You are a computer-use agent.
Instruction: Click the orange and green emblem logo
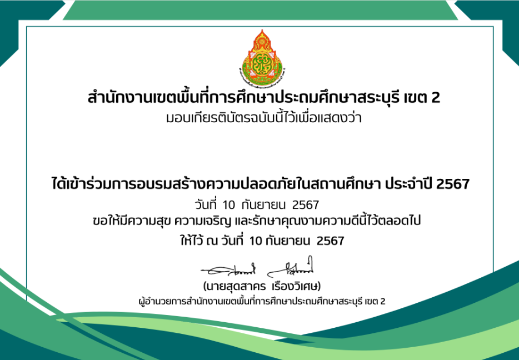(262, 58)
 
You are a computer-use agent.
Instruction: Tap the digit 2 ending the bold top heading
(436, 98)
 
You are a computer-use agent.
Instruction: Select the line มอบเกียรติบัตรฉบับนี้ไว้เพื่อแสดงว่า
(263, 117)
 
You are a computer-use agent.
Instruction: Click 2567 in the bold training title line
(453, 184)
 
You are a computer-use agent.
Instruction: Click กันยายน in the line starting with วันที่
(263, 206)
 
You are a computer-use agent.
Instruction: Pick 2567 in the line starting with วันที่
(306, 206)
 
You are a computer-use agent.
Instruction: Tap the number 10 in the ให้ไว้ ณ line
(256, 241)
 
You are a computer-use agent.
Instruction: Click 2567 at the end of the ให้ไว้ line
(330, 241)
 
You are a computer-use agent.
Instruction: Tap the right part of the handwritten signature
(291, 268)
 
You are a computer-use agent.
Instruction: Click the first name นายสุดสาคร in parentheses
(235, 286)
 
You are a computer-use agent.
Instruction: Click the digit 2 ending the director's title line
(383, 302)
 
